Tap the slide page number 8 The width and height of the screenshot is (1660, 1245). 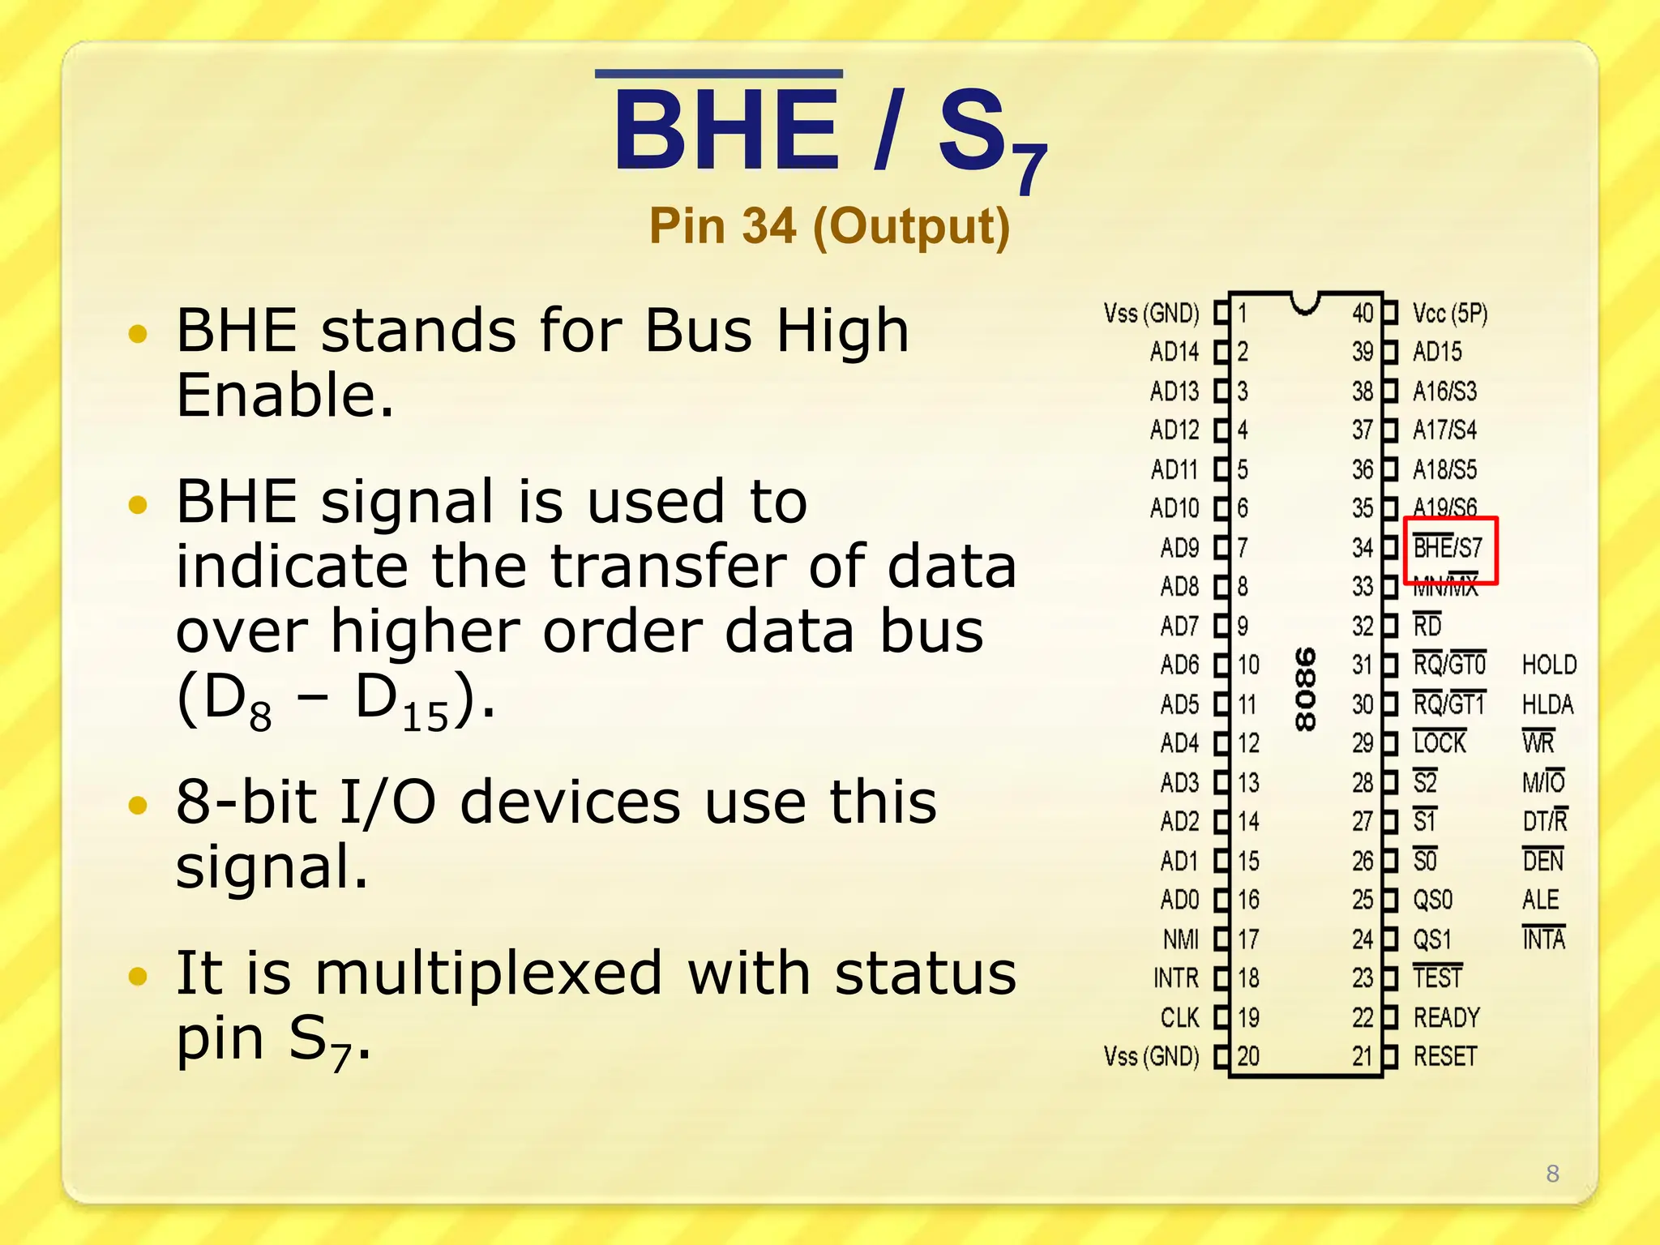tap(1552, 1173)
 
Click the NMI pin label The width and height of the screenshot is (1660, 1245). tap(1180, 939)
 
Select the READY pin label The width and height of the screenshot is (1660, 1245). tap(1446, 1017)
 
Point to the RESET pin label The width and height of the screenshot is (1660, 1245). tap(1444, 1056)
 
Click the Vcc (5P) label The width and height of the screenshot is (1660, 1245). tap(1450, 313)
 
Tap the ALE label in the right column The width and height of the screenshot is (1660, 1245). tap(1540, 900)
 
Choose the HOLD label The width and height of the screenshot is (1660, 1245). tap(1549, 665)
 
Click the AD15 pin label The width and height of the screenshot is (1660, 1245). tap(1437, 352)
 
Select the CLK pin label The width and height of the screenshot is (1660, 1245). tap(1179, 1017)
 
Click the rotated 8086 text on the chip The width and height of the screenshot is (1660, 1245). tap(1305, 688)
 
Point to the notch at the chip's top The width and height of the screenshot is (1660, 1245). tap(1305, 303)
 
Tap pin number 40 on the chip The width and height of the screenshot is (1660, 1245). tap(1363, 313)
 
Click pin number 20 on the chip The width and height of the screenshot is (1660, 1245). tap(1248, 1056)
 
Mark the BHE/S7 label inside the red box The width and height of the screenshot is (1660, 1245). tap(1448, 548)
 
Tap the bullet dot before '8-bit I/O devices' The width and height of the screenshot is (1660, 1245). tap(139, 805)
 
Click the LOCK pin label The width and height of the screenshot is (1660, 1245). tap(1440, 743)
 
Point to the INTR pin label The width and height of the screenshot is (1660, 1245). tap(1175, 978)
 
